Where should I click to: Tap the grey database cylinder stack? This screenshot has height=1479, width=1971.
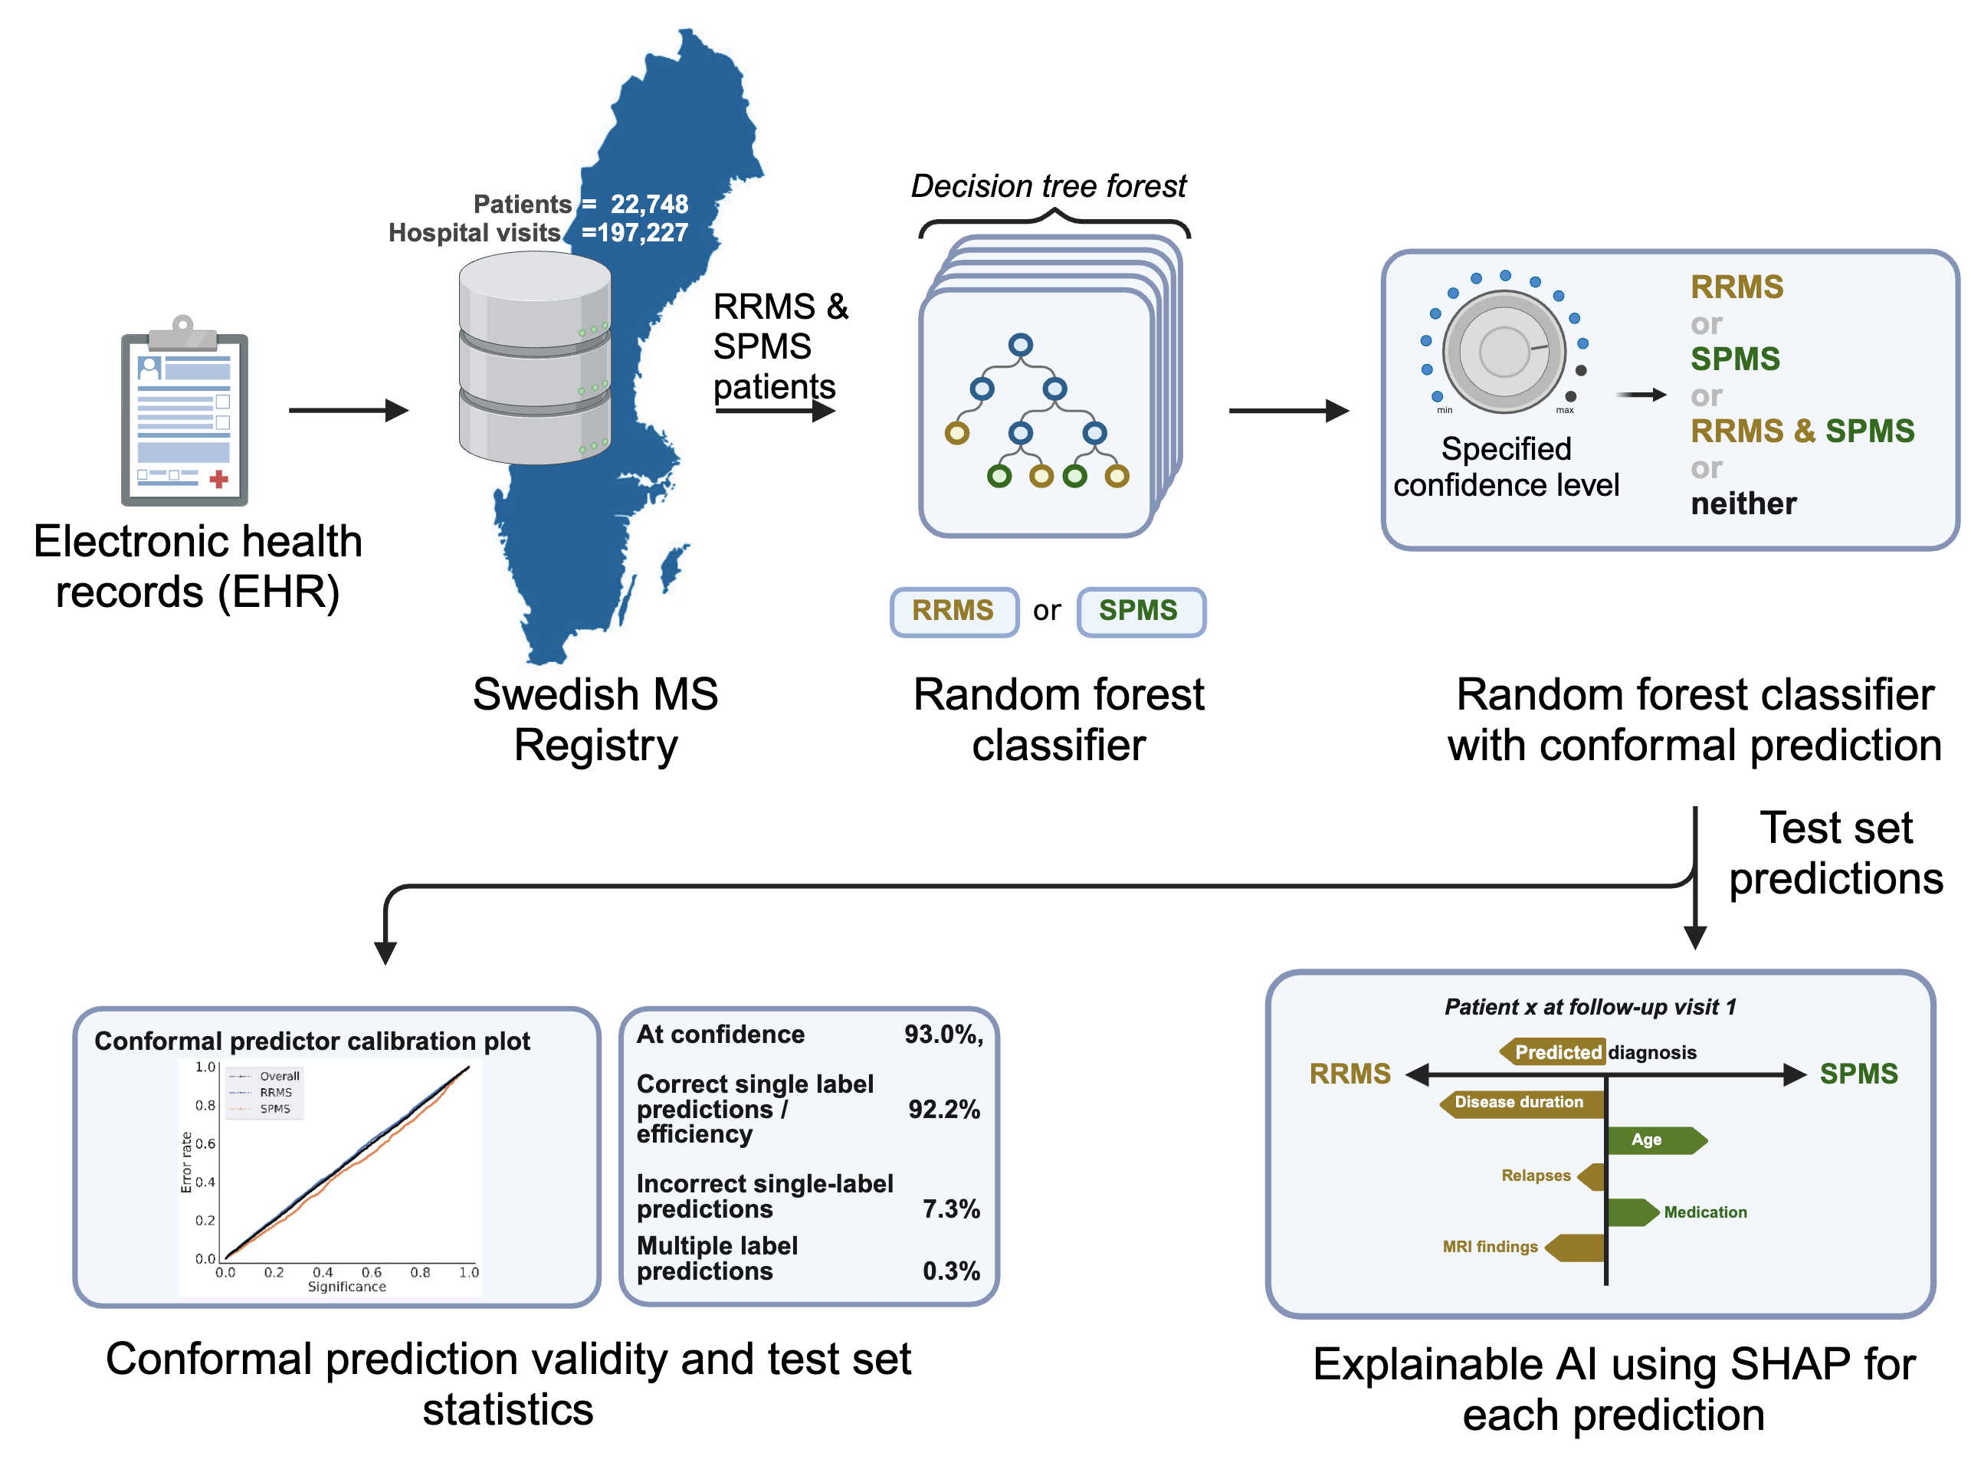pos(535,358)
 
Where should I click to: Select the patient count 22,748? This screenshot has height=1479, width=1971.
pos(648,204)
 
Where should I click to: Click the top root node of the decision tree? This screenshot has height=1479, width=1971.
pos(1020,345)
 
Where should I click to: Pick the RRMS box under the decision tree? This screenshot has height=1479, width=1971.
pos(953,612)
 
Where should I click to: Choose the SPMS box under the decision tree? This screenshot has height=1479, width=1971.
pos(1140,612)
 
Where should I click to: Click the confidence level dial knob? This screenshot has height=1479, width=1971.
pos(1504,352)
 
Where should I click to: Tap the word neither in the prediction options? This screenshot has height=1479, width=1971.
pos(1743,504)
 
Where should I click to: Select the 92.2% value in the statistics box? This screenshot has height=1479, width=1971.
pos(943,1110)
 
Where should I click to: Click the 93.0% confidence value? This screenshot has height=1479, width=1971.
pos(942,1035)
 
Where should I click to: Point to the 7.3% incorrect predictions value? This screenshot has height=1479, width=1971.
pos(951,1209)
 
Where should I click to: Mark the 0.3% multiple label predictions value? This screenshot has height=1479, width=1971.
pos(951,1271)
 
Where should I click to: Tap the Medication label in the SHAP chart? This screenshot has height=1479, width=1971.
pos(1704,1212)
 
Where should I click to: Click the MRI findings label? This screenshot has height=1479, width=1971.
pos(1490,1248)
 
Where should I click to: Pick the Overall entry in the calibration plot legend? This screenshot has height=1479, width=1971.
pos(279,1076)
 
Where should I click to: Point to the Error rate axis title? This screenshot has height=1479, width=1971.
pos(186,1162)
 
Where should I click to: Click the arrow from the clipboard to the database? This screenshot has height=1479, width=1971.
pos(347,411)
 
